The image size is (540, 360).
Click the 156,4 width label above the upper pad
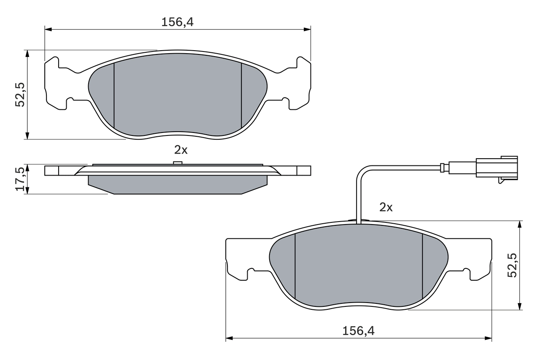tap(177, 22)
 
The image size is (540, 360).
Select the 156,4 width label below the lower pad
tap(359, 331)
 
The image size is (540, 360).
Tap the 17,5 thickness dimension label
tap(20, 179)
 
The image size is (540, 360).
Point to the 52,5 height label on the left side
tap(20, 94)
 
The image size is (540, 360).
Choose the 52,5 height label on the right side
tap(512, 265)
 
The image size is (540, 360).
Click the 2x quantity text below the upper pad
tap(181, 149)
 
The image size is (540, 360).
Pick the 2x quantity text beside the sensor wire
tap(386, 207)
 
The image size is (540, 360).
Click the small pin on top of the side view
tap(178, 163)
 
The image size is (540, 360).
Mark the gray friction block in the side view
tap(177, 184)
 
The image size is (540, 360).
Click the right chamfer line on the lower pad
tap(422, 266)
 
